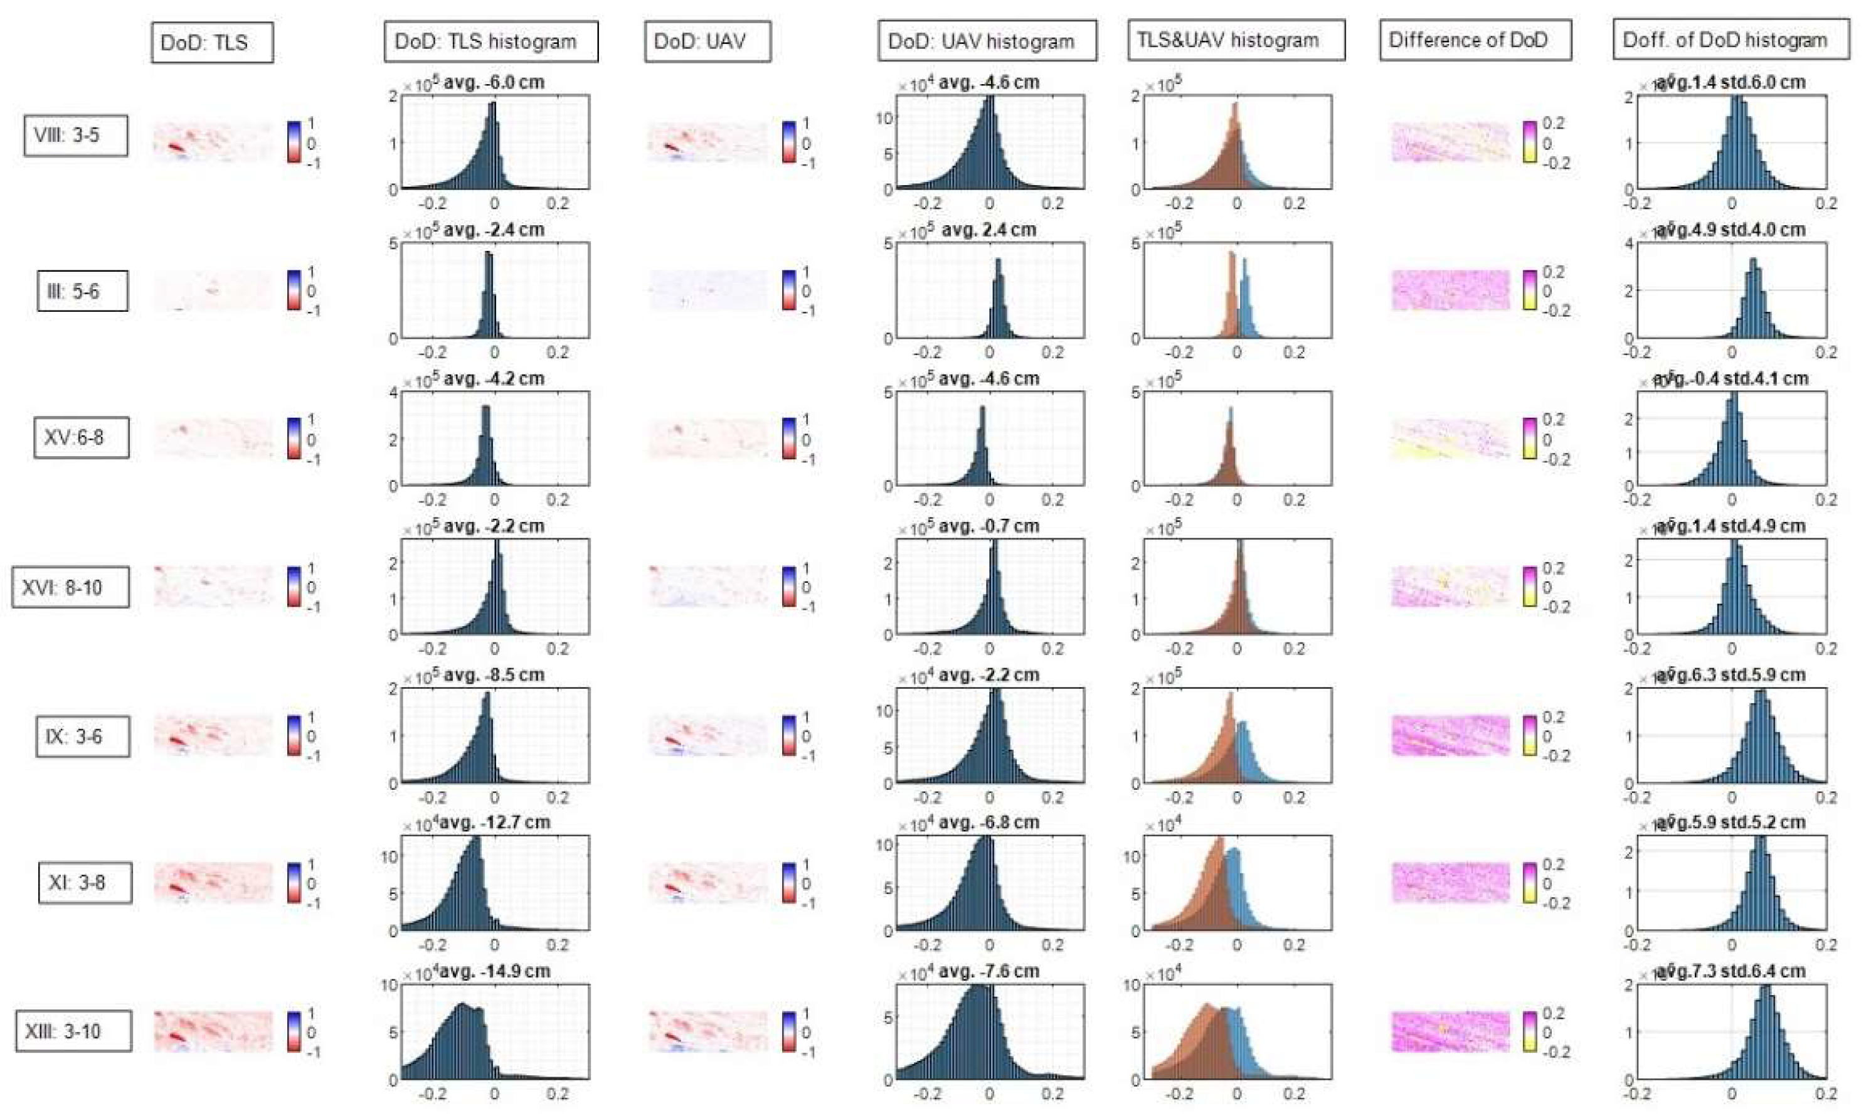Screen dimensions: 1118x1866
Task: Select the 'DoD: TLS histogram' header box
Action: pos(490,41)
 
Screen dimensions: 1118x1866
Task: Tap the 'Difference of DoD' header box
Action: pos(1475,40)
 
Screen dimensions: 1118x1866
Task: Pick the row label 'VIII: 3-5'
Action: pos(75,136)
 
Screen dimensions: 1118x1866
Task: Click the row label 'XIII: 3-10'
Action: pos(73,1031)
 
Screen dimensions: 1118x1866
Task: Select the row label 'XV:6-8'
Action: pos(82,437)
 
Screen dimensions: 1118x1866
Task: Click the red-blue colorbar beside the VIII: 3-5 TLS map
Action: pos(294,142)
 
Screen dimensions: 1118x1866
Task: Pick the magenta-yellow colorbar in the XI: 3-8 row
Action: pos(1529,883)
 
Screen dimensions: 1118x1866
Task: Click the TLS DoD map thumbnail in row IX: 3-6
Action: pos(213,736)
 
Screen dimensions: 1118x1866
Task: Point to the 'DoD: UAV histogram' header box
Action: pos(986,41)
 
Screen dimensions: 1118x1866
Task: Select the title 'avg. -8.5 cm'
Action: pos(493,675)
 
